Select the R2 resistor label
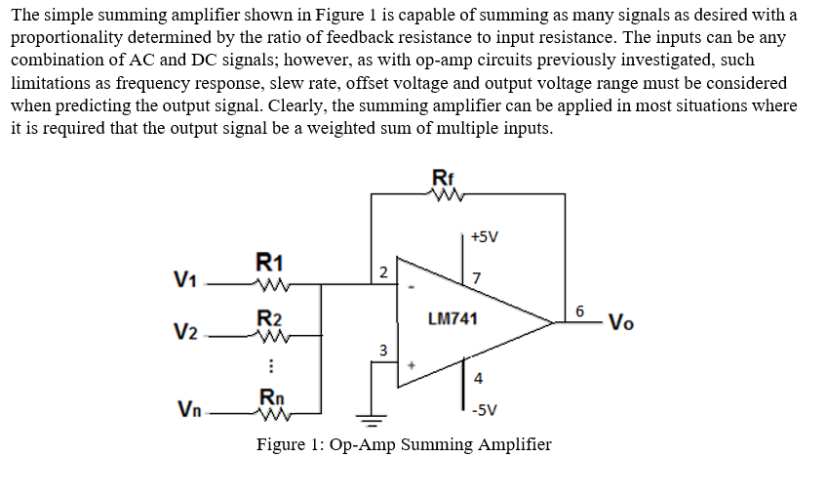[269, 317]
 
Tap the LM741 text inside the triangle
[453, 318]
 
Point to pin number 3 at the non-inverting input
[383, 349]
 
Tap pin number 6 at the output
[579, 311]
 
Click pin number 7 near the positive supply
[475, 280]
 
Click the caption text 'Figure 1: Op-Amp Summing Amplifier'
[404, 445]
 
